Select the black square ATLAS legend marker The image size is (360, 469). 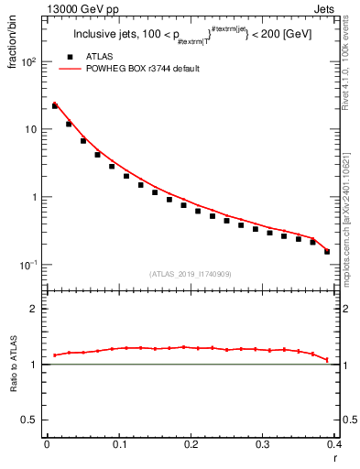click(x=67, y=57)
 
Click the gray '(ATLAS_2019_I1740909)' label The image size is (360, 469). click(x=190, y=274)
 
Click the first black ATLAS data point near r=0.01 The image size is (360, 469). click(x=54, y=106)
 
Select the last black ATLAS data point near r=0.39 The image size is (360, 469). click(x=327, y=251)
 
